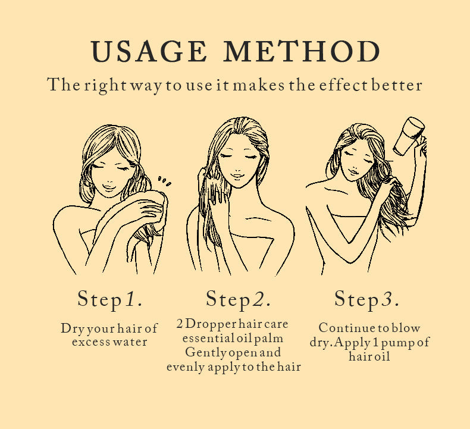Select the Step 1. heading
(110, 299)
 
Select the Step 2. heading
(239, 299)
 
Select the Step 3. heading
(366, 299)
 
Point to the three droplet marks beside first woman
(164, 180)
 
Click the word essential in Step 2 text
(206, 339)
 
